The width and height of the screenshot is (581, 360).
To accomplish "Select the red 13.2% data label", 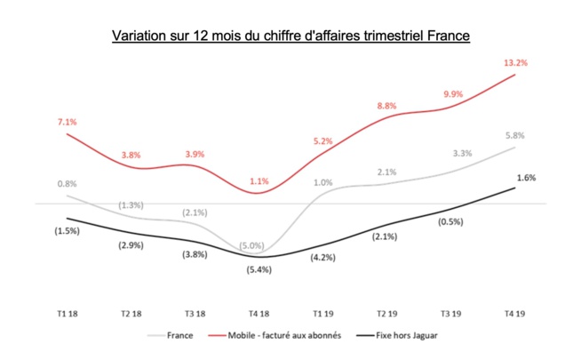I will [x=515, y=62].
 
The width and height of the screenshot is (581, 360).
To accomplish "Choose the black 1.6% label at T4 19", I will [x=525, y=178].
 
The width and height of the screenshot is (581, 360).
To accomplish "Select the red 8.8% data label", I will [x=386, y=106].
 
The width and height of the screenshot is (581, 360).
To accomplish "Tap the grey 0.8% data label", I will [x=67, y=184].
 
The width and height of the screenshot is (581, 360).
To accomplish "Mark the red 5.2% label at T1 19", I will [x=322, y=141].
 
